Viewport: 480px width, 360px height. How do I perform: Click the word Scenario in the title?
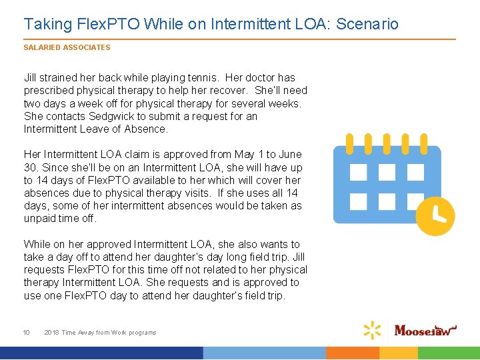(367, 25)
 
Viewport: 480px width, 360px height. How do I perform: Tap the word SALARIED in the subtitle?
(40, 48)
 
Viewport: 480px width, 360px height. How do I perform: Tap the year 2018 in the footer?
(51, 332)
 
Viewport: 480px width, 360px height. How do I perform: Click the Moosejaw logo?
(427, 329)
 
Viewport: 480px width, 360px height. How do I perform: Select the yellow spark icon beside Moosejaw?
(373, 330)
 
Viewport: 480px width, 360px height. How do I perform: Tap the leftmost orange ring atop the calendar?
(349, 143)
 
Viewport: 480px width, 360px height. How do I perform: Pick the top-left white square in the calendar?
(359, 173)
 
